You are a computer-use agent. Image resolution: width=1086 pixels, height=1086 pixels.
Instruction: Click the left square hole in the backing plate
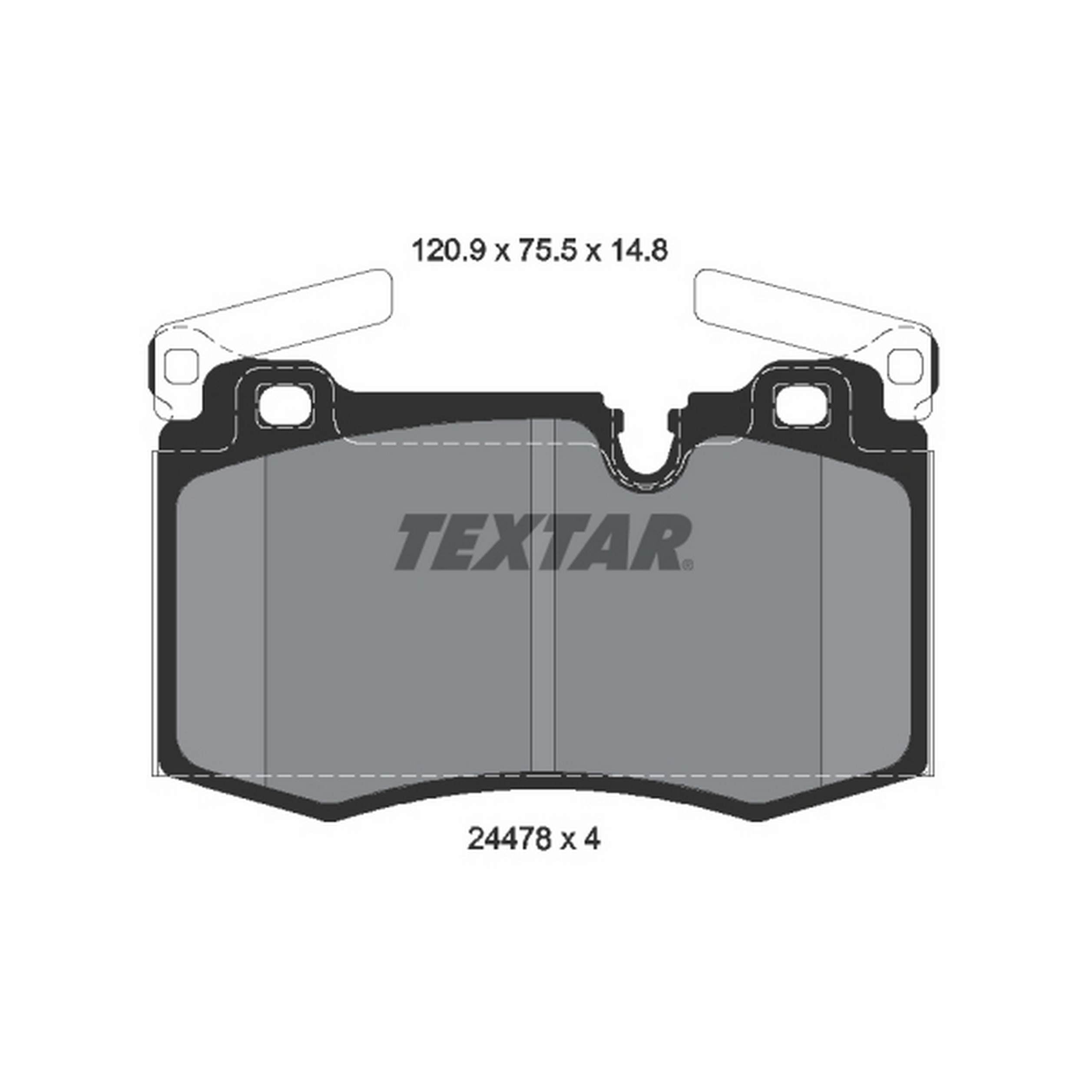pyautogui.click(x=285, y=405)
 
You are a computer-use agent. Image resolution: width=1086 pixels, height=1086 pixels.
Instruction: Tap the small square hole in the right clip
pyautogui.click(x=905, y=364)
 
